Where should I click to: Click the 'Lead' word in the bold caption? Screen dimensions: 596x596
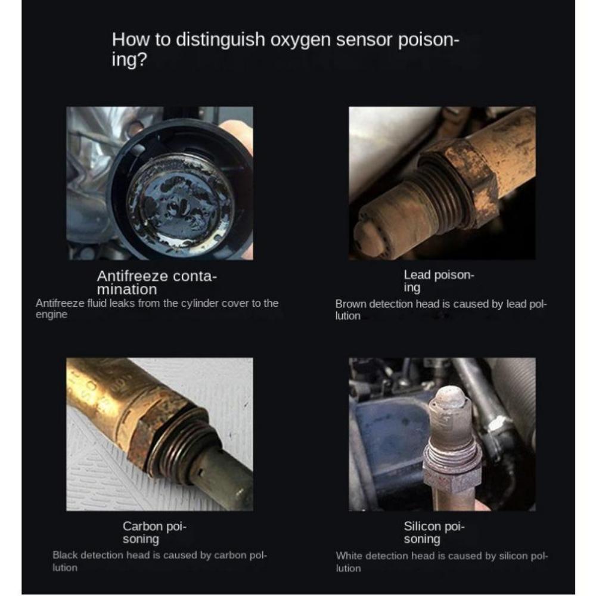coord(417,275)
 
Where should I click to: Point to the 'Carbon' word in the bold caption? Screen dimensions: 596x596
coord(142,526)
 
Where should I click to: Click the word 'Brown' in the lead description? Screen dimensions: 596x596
coord(351,304)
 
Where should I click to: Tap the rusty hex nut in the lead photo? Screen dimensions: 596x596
coord(465,179)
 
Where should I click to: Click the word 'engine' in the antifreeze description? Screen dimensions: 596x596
coord(51,315)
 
